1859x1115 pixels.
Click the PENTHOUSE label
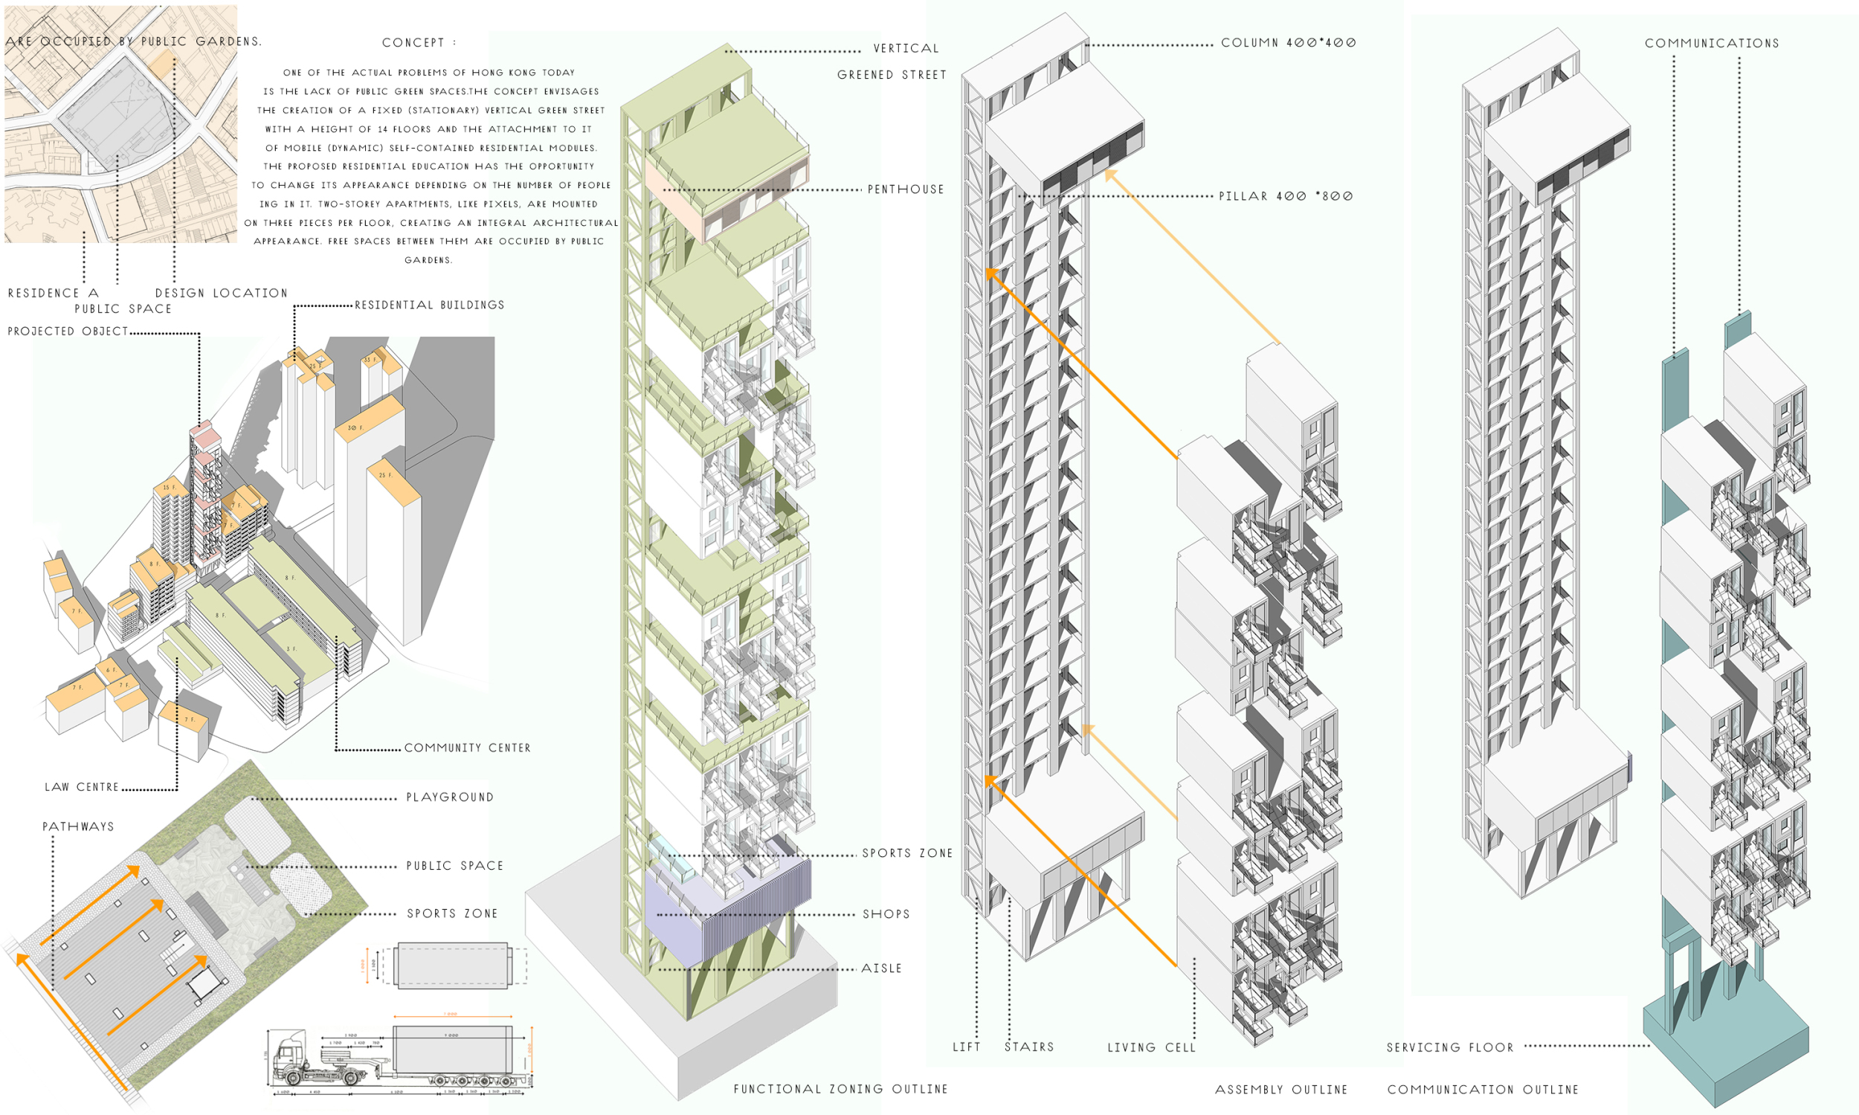906,190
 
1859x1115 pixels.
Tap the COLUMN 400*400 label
1288,43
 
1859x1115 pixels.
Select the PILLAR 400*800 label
1286,196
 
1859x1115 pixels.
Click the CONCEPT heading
419,43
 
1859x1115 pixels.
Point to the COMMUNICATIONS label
1712,44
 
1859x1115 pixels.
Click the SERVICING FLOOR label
1449,1047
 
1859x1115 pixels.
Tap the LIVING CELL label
1151,1047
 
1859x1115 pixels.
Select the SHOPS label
886,914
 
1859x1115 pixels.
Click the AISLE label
881,969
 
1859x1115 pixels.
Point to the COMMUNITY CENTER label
468,749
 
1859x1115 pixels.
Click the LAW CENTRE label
82,787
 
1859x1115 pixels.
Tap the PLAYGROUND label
449,797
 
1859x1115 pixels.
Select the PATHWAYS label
78,827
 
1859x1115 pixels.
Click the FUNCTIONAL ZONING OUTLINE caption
840,1090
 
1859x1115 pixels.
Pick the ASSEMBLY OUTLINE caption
1281,1090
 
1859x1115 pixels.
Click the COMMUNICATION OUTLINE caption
1483,1090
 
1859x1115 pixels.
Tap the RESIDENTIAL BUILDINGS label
429,305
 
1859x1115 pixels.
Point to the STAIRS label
1028,1047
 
